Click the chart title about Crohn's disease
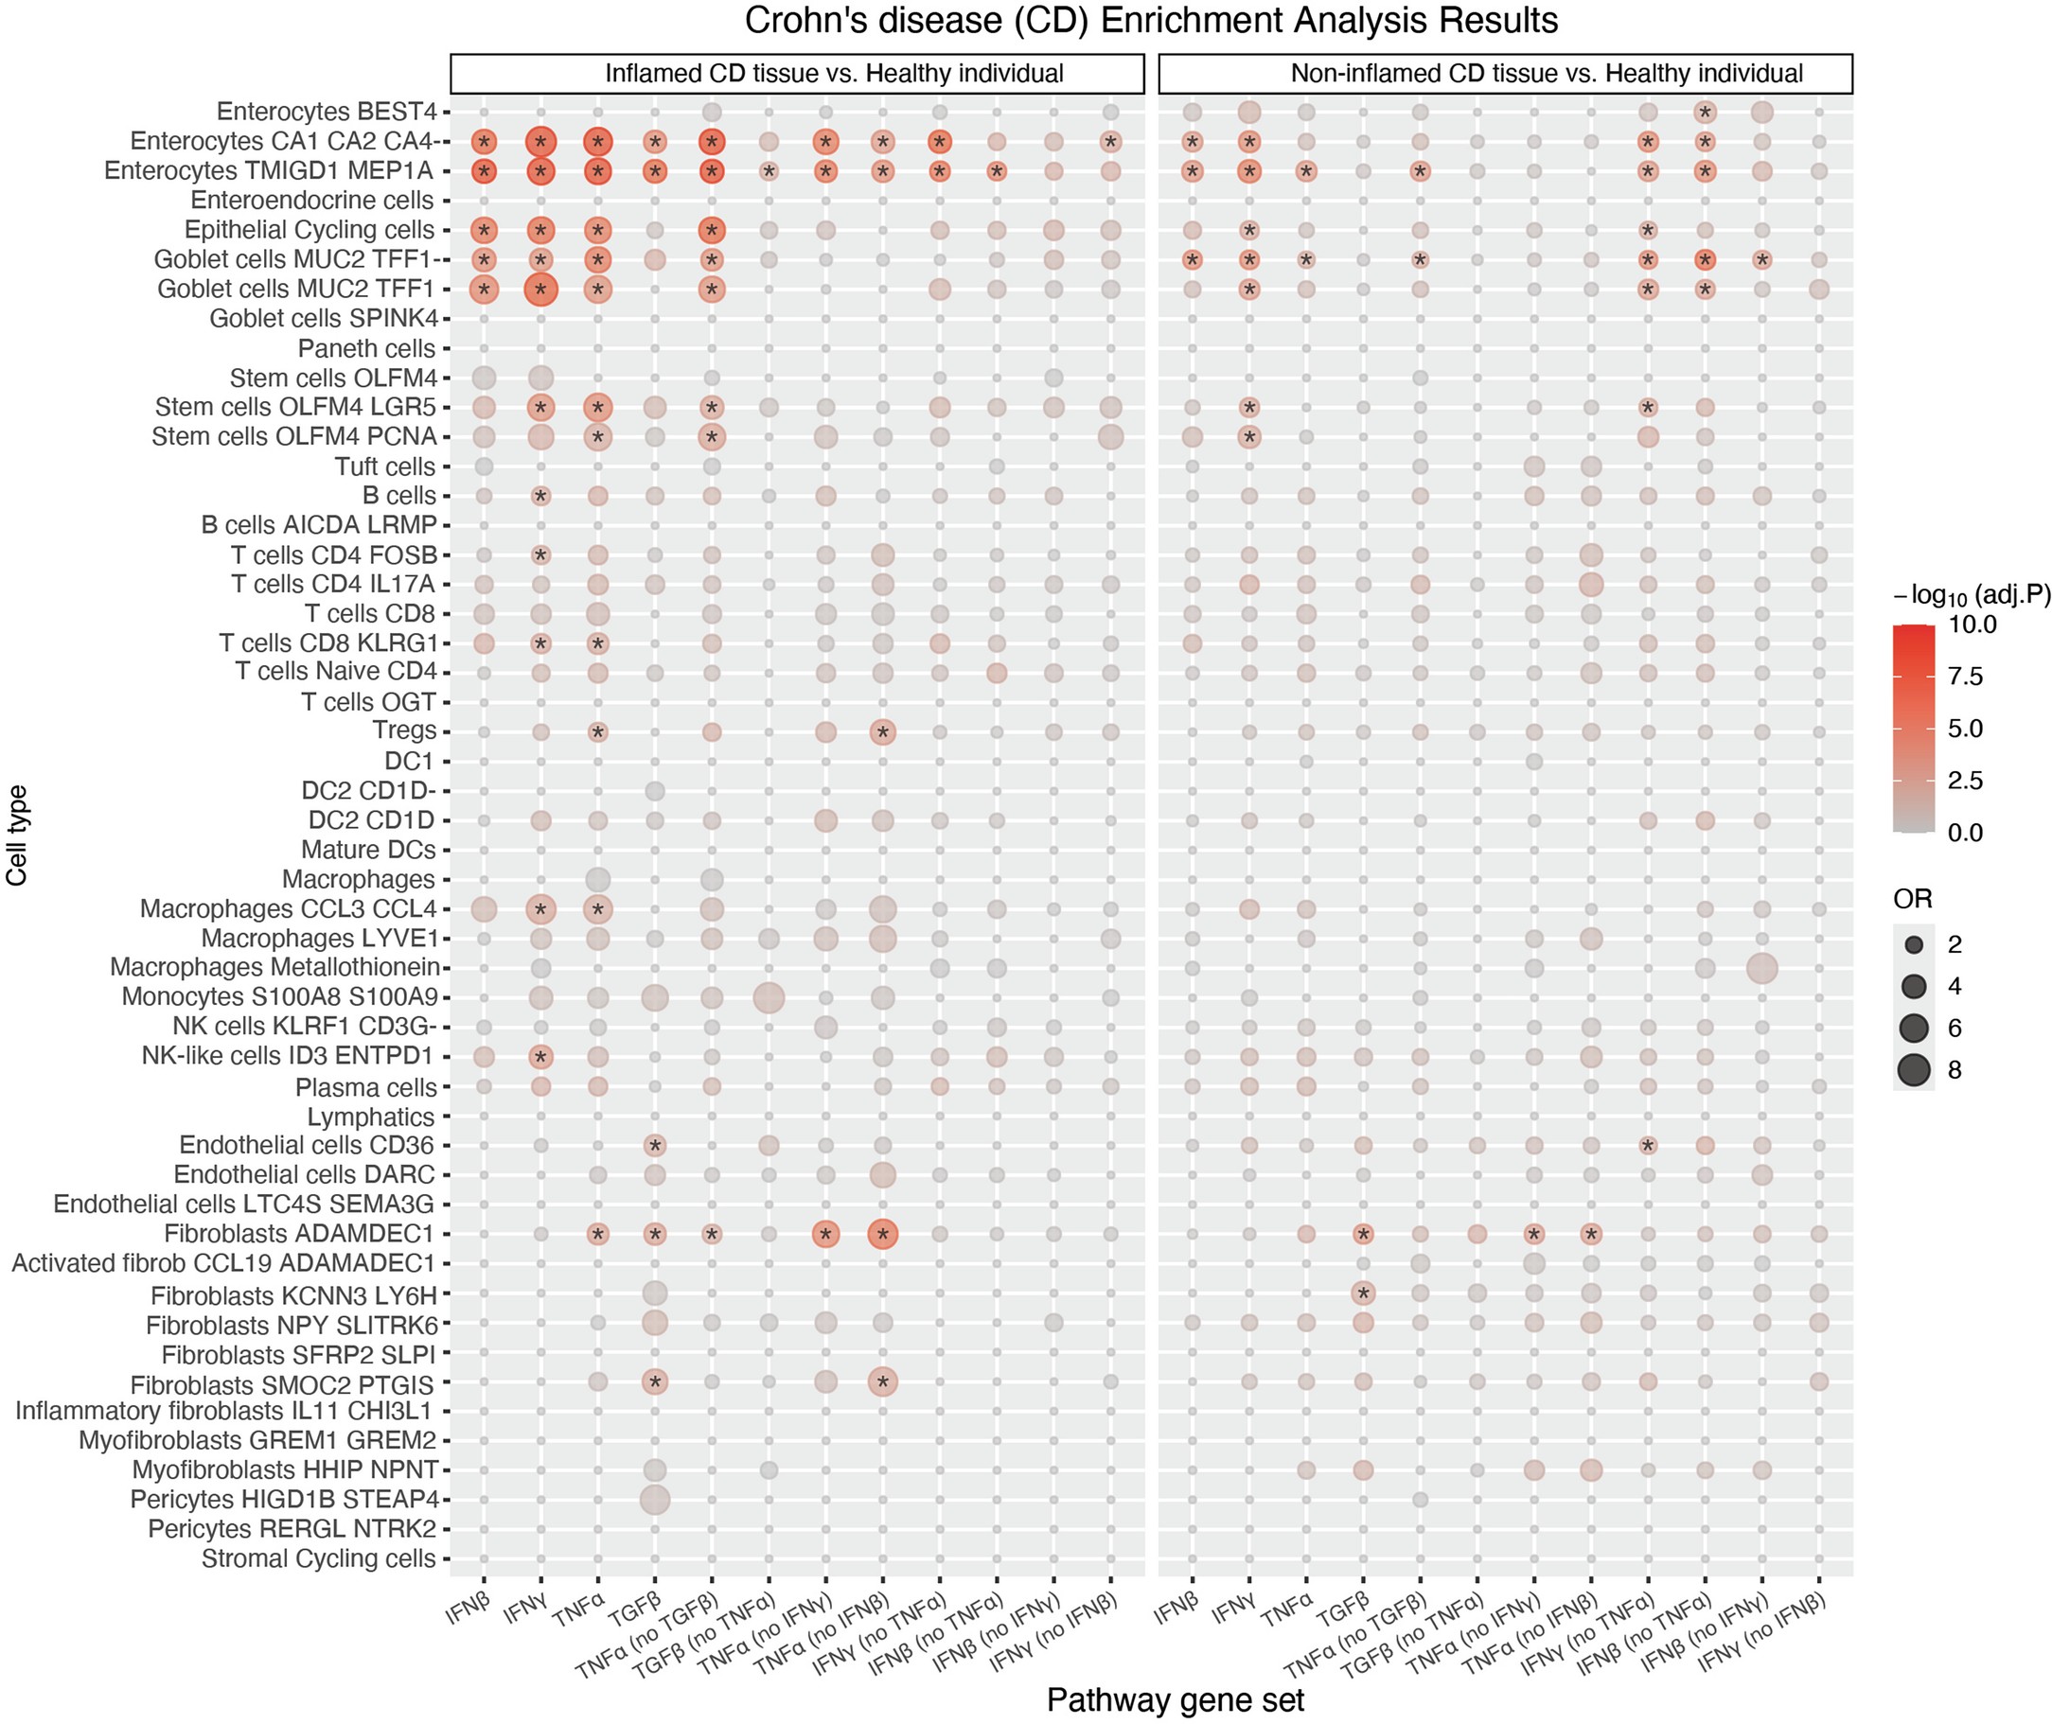tap(1151, 21)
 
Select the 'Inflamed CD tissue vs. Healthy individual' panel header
tap(833, 73)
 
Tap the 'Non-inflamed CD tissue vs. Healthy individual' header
tap(1547, 73)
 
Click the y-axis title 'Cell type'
tap(17, 835)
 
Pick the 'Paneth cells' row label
tap(365, 349)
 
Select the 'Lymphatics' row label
tap(370, 1117)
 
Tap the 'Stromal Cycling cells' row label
tap(318, 1557)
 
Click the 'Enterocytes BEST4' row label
tap(326, 113)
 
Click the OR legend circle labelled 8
tap(1913, 1070)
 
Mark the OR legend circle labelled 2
tap(1913, 944)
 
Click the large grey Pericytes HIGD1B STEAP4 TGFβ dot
tap(654, 1499)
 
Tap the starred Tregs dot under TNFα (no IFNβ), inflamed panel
tap(882, 732)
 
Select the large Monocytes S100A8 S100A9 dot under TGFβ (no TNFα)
tap(769, 998)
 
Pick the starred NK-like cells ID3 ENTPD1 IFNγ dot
tap(540, 1057)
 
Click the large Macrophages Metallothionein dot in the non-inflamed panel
tap(1761, 969)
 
